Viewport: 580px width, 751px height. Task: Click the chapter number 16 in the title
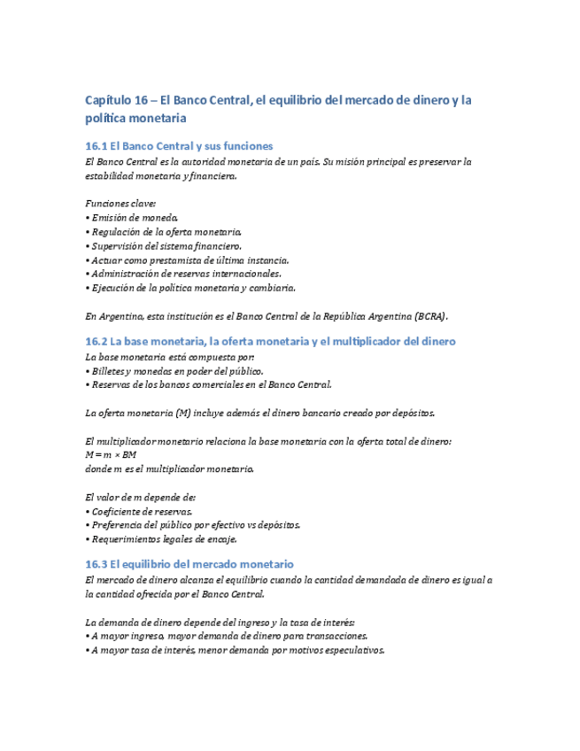tap(143, 100)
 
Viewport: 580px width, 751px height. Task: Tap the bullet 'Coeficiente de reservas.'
tap(142, 511)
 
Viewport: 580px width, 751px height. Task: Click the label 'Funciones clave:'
tap(120, 204)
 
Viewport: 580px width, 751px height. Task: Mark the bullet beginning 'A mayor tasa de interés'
tap(236, 649)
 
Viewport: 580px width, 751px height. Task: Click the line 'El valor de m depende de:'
tap(140, 497)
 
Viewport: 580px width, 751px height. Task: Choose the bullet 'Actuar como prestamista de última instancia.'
tap(189, 259)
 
